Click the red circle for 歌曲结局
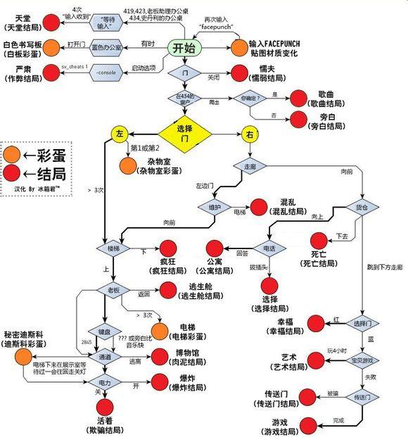pos(298,99)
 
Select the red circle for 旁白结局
pos(298,120)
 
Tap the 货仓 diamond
pos(362,208)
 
